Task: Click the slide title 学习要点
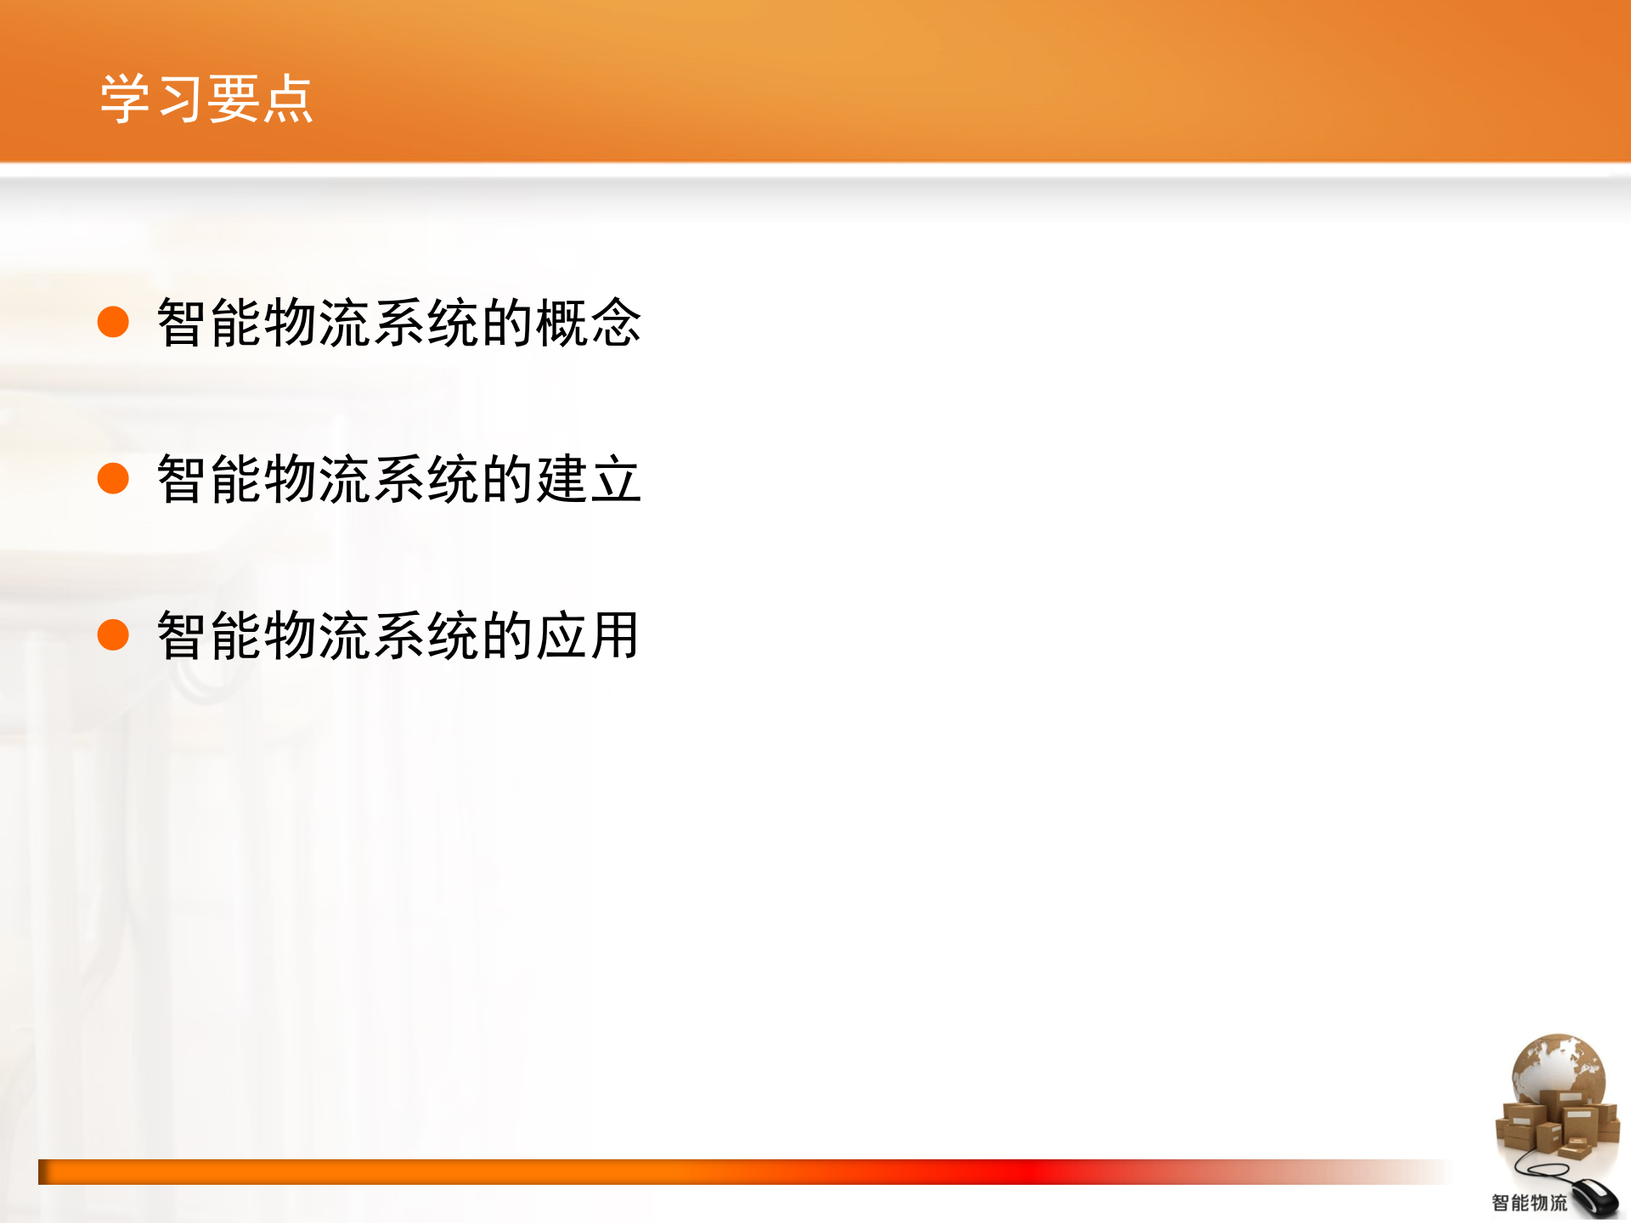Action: click(x=206, y=99)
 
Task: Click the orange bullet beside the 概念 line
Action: click(x=113, y=322)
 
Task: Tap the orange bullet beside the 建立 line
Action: click(x=113, y=478)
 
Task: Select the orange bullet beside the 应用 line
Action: click(x=113, y=634)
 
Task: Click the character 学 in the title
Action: click(x=126, y=99)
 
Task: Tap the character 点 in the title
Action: click(x=287, y=99)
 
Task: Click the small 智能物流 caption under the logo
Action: click(x=1529, y=1203)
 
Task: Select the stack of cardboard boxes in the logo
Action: click(x=1555, y=1125)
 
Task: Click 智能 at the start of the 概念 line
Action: click(x=210, y=323)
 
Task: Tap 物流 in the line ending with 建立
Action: click(x=318, y=479)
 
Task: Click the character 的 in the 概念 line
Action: click(x=506, y=323)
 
